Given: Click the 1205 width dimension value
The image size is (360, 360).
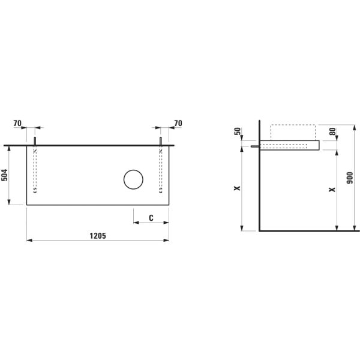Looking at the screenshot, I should point(98,236).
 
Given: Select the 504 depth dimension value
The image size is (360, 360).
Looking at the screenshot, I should point(5,175).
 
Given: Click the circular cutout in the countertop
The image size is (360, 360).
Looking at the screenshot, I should point(134,179).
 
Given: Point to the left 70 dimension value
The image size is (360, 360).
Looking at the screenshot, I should point(17,123).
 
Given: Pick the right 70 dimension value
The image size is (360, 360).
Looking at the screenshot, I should point(178,123).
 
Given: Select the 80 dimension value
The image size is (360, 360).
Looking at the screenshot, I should point(332,131).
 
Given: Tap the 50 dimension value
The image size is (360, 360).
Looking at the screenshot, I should point(237,131).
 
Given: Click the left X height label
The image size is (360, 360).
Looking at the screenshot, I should point(237,188).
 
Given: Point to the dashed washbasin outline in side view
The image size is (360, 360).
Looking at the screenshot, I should point(293,132).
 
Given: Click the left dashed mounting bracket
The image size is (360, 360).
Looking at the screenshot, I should point(35,171).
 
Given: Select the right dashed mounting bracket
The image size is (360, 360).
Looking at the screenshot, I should point(161,171).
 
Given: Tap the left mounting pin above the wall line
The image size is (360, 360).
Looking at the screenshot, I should point(35,141).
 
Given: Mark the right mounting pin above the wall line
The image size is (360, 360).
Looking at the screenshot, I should point(161,141).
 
